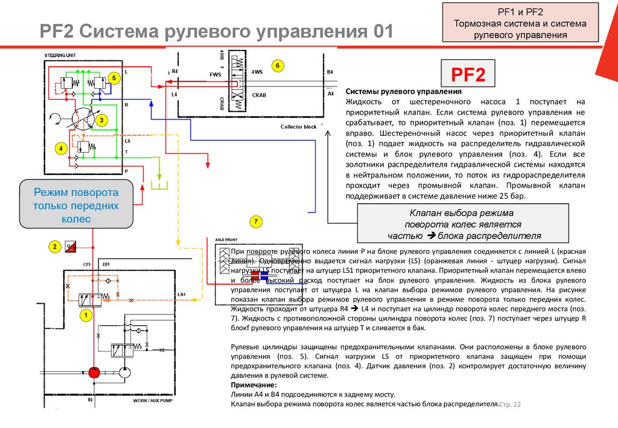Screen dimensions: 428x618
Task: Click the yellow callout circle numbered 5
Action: coord(113,78)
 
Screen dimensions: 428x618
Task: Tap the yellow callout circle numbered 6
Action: coord(278,65)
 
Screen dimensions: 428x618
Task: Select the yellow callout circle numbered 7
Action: coord(256,222)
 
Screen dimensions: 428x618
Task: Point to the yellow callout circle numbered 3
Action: coord(102,121)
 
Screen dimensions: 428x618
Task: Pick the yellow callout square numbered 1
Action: coord(86,315)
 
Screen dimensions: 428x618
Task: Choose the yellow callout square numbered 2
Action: coord(54,246)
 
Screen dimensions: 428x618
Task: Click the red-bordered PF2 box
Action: coord(468,75)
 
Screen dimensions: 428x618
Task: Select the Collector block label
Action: coord(298,126)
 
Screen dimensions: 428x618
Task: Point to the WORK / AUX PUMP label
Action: coord(148,400)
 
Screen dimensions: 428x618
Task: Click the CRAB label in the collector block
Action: coord(259,95)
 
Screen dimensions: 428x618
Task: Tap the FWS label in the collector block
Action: coord(215,74)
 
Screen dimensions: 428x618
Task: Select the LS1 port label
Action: coord(181,295)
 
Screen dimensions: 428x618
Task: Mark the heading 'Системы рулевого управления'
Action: coord(403,92)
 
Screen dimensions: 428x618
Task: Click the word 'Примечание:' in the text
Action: coord(254,385)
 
